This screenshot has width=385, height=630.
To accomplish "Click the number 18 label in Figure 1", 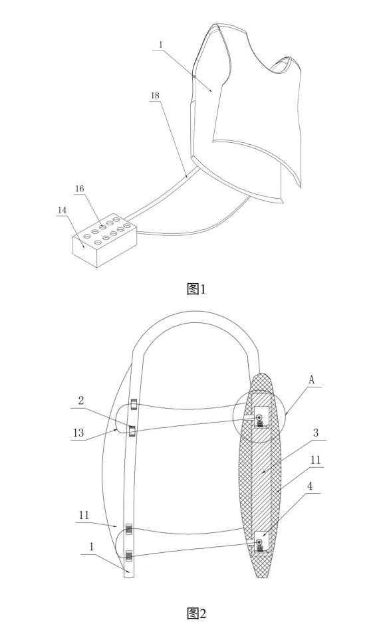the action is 155,96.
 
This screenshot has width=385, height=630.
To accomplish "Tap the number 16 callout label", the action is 80,189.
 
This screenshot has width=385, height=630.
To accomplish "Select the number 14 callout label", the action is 62,210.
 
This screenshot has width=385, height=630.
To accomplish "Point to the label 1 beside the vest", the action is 161,45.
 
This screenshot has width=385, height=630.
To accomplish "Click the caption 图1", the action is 196,288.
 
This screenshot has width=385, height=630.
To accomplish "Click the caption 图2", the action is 196,613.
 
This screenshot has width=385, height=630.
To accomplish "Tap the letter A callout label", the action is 311,380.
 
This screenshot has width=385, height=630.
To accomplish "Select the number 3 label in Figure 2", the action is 316,433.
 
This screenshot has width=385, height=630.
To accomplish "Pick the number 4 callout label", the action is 309,486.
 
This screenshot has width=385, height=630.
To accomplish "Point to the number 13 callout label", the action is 78,433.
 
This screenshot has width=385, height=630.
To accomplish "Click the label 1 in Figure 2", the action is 92,546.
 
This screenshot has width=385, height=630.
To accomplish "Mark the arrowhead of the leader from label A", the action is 286,413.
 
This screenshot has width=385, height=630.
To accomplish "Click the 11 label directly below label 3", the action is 316,460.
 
